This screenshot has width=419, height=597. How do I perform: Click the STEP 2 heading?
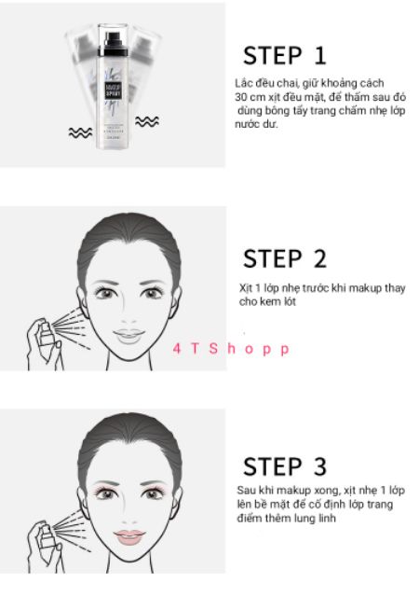[x=285, y=257]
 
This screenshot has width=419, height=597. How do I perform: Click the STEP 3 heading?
[x=285, y=466]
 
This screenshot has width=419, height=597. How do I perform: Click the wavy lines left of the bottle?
[x=80, y=132]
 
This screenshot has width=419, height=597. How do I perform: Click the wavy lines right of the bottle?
[x=147, y=121]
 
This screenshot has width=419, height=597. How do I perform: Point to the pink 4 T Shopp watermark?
[x=231, y=349]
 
